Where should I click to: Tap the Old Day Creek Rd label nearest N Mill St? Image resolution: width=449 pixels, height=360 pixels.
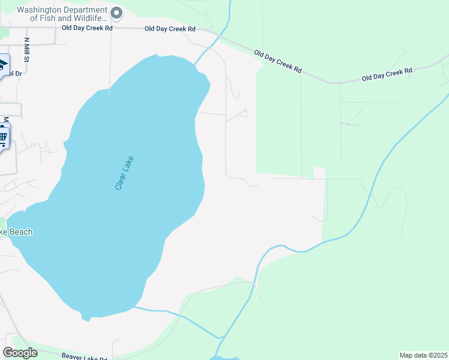pyautogui.click(x=87, y=28)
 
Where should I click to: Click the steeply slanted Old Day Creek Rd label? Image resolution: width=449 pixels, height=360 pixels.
pyautogui.click(x=277, y=61)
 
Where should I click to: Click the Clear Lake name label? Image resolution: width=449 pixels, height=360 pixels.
pyautogui.click(x=125, y=173)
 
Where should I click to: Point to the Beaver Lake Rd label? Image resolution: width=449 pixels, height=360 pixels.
pyautogui.click(x=88, y=355)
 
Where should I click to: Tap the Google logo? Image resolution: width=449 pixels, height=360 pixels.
pyautogui.click(x=20, y=353)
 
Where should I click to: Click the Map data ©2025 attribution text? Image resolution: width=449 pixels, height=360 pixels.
pyautogui.click(x=423, y=355)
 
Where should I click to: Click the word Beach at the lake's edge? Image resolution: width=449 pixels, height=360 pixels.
pyautogui.click(x=20, y=232)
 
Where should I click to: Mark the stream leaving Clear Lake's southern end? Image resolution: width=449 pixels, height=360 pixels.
pyautogui.click(x=174, y=314)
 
